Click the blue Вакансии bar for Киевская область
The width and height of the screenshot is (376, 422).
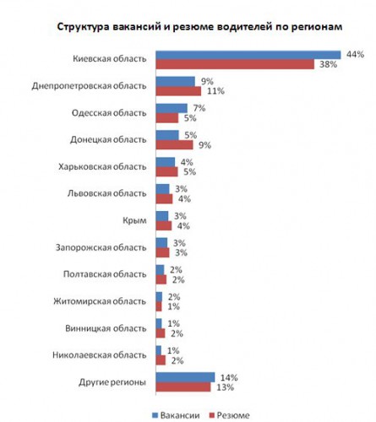click(x=248, y=55)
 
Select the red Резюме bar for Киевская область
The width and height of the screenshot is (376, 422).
click(x=235, y=64)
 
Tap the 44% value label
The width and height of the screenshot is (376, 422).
click(x=355, y=54)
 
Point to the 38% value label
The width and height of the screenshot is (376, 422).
click(x=328, y=64)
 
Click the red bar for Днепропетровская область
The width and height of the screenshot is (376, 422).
click(x=178, y=91)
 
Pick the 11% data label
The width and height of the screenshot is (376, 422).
click(x=215, y=91)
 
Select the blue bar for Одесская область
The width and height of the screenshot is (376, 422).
click(x=172, y=108)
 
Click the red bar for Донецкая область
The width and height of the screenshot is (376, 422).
click(x=175, y=145)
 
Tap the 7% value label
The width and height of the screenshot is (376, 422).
click(x=199, y=108)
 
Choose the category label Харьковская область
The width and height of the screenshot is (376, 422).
click(x=102, y=166)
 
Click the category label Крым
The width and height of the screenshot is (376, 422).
click(x=134, y=220)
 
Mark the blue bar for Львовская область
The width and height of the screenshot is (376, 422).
click(x=163, y=189)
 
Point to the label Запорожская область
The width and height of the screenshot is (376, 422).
click(x=101, y=247)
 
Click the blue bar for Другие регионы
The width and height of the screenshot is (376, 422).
click(x=185, y=377)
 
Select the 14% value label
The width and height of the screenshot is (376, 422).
click(x=229, y=377)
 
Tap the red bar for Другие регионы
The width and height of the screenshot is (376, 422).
click(x=183, y=387)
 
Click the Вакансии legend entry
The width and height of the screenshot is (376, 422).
click(x=176, y=415)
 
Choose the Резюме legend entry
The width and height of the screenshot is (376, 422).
click(x=229, y=415)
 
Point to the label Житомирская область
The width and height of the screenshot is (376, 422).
click(x=100, y=301)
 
